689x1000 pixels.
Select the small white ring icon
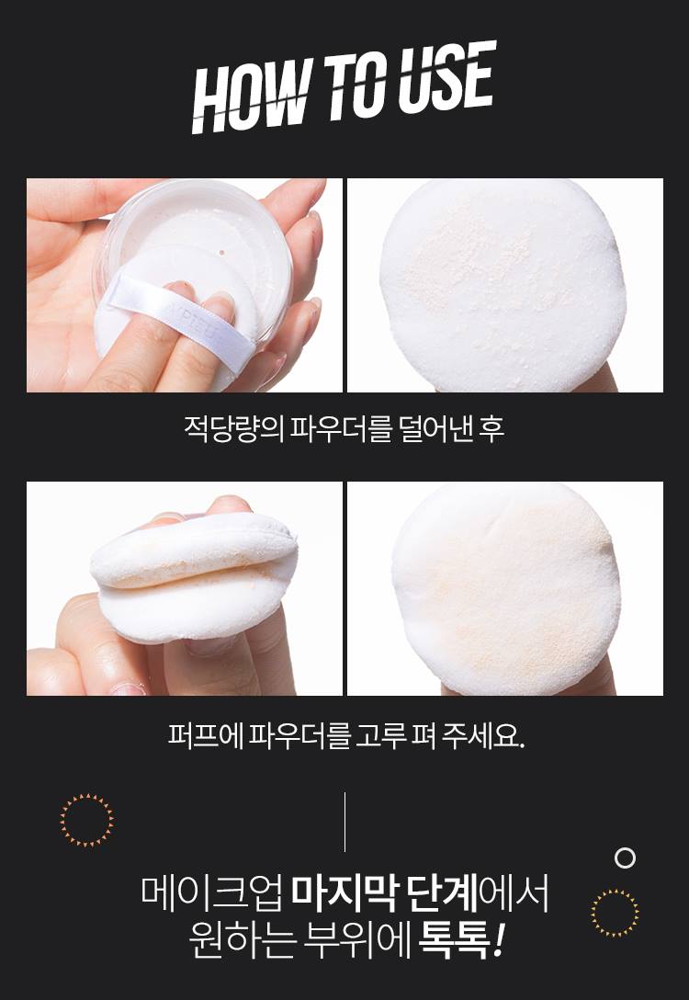pyautogui.click(x=625, y=858)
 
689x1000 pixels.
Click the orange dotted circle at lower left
pyautogui.click(x=86, y=820)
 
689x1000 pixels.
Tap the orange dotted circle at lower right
pyautogui.click(x=615, y=912)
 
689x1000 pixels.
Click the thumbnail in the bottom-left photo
pyautogui.click(x=128, y=688)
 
